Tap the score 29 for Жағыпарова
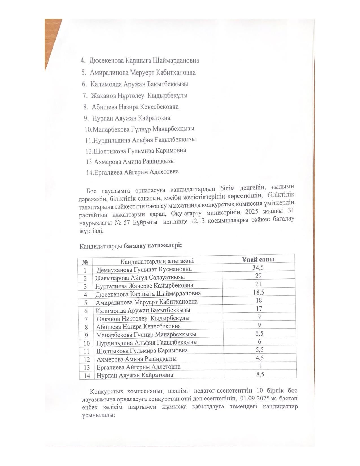pos(258,276)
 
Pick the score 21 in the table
pos(258,284)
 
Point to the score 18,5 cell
pos(259,292)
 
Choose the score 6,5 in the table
pos(259,333)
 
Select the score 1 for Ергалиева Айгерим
pos(260,366)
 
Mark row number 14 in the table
pos(87,376)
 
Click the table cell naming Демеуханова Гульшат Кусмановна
pos(144,269)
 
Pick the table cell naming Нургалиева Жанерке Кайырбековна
pos(144,286)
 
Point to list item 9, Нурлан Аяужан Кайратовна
pos(131,118)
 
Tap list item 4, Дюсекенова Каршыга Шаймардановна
pos(144,60)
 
